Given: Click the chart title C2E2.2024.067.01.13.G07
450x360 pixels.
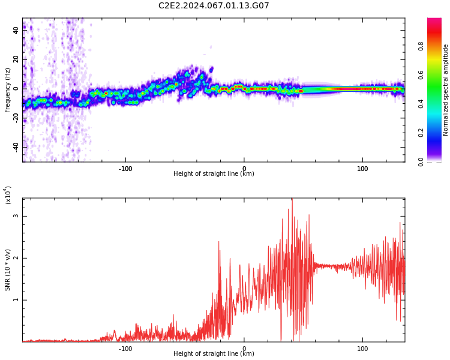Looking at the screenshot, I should coord(214,6).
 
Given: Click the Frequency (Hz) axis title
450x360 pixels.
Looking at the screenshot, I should coord(8,90).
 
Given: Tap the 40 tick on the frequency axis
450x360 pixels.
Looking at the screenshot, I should coord(16,30).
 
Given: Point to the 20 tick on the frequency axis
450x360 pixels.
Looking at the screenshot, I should coord(16,59).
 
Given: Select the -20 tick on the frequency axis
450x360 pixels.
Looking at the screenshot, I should coord(16,118).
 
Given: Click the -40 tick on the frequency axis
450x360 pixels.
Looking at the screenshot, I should coord(16,146).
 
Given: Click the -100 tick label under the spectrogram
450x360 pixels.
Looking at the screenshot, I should coord(125,169).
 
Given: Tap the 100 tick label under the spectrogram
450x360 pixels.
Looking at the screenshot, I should coord(362,169).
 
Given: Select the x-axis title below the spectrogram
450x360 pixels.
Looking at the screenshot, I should coord(214,174).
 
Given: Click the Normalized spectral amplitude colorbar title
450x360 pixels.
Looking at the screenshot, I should coord(446,90).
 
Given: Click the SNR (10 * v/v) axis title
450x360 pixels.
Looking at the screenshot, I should coord(8,270).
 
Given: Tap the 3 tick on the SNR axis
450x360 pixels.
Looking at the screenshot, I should coord(16,216).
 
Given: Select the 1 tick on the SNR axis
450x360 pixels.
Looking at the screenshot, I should coord(16,300).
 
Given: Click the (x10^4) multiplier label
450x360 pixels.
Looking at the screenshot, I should coord(8,196).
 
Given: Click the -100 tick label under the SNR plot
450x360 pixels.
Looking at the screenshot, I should coord(125,349).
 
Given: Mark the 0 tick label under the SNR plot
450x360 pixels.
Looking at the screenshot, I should coord(244,349).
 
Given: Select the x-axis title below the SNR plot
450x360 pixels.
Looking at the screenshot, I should coord(214,354).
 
